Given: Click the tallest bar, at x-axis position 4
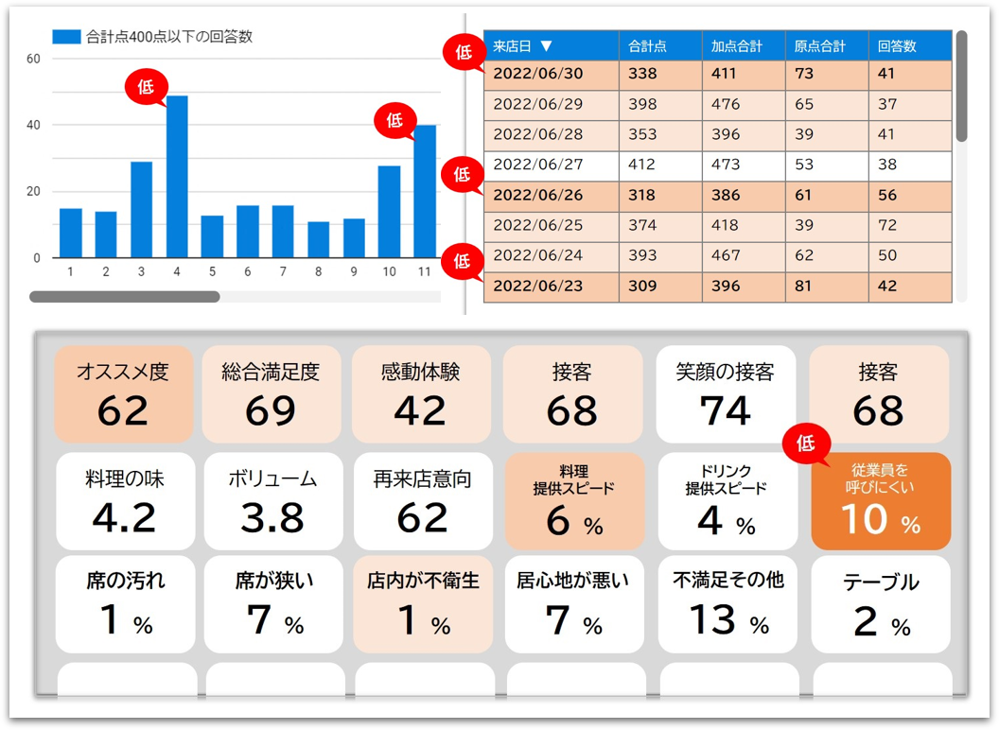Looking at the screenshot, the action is pos(177,177).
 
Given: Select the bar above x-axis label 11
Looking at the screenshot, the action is pos(425,191).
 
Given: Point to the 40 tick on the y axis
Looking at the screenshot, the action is pos(33,126).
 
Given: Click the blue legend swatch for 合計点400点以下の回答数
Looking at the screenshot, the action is pos(66,37).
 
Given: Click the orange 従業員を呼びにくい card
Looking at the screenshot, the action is pos(881,501).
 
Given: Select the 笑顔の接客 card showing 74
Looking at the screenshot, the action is pos(725,394).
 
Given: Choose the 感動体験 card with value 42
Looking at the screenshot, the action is pos(420,394).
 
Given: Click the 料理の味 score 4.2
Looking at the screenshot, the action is pos(124,517).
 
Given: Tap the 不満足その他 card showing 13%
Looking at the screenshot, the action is pos(727,604).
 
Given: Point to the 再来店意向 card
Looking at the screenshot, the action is pos(423,501).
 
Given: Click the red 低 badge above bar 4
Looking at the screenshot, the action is pos(146,87).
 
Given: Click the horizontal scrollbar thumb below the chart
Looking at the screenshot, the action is pos(125,297).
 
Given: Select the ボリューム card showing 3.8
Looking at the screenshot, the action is pos(272,501).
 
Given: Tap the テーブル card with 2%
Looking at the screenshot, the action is pos(881,604).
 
